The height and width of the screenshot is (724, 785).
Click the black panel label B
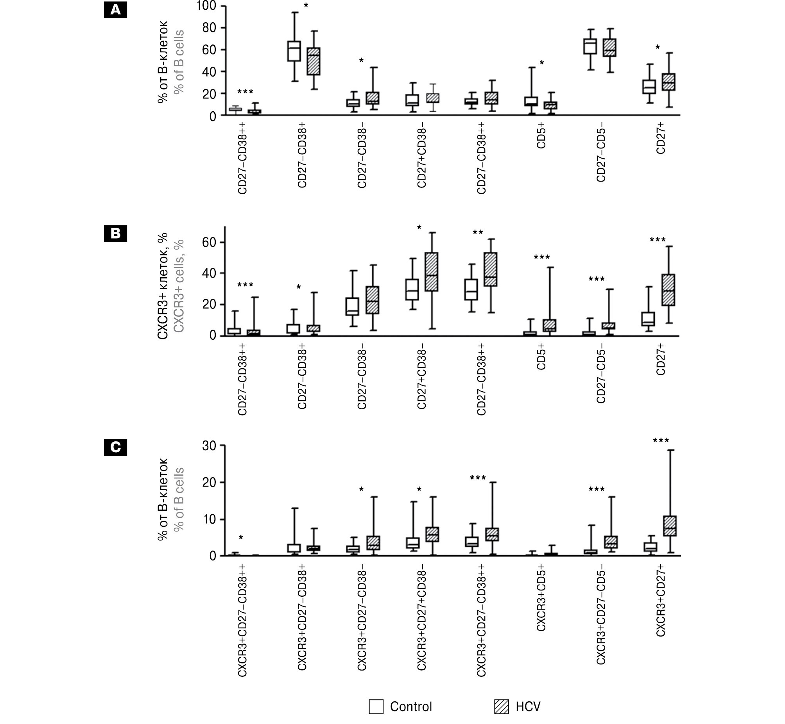click(x=115, y=234)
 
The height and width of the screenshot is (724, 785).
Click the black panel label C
click(x=115, y=447)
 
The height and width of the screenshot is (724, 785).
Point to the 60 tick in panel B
click(x=210, y=243)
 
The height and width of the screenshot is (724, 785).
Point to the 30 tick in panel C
click(x=210, y=446)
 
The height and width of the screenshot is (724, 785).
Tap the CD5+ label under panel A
click(x=541, y=137)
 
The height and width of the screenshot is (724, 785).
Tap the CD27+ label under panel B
click(x=661, y=359)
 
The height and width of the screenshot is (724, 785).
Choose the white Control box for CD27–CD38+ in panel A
click(x=294, y=51)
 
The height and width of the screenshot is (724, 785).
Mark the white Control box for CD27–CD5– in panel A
click(x=590, y=46)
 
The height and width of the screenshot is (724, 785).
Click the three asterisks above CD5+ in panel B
click(x=541, y=257)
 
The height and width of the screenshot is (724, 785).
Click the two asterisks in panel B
click(x=478, y=232)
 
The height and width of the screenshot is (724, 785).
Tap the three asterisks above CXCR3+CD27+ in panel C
click(x=661, y=441)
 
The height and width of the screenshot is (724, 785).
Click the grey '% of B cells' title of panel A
click(x=179, y=62)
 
